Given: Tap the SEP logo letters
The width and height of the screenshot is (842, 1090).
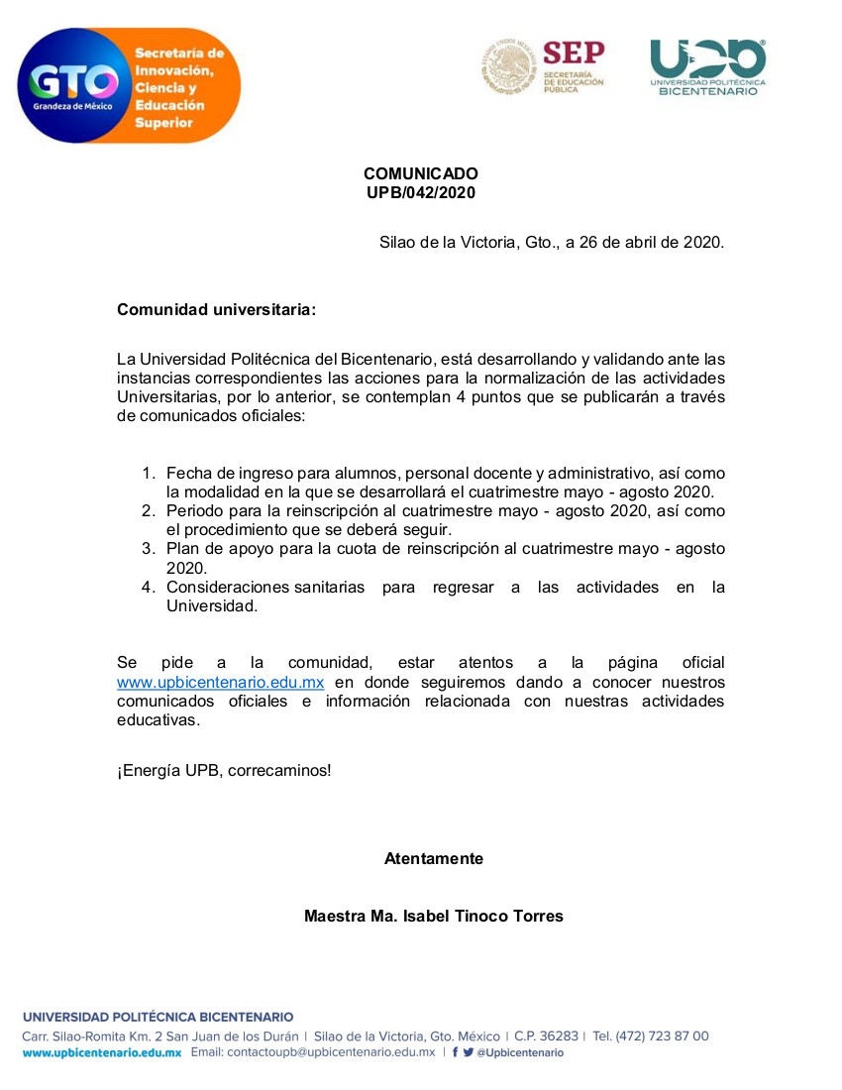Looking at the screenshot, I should click(x=574, y=53).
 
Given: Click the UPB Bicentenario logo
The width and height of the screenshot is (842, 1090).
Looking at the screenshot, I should click(x=707, y=67).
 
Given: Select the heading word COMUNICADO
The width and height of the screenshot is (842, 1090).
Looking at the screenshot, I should click(x=421, y=174).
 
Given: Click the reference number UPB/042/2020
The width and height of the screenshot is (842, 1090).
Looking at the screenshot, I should click(x=421, y=193).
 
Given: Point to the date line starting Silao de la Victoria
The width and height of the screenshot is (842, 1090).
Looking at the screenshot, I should click(x=552, y=242).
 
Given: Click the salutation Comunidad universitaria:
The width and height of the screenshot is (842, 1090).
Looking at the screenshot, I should click(x=216, y=310).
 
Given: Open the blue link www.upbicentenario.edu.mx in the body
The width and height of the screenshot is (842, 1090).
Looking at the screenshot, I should click(x=221, y=683).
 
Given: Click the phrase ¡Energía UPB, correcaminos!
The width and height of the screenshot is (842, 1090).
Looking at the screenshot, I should click(x=224, y=770).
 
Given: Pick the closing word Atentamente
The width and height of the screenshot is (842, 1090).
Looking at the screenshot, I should click(x=434, y=859).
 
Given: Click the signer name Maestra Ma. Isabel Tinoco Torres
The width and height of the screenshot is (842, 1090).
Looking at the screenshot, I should click(x=434, y=917).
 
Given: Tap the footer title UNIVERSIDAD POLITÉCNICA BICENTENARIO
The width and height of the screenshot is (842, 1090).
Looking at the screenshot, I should click(x=158, y=1017).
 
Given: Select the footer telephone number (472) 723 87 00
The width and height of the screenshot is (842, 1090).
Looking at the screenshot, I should click(x=662, y=1036).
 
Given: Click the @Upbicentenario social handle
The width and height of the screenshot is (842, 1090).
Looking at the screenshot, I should click(x=520, y=1053).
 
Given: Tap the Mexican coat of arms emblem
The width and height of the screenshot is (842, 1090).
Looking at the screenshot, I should click(x=509, y=66).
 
